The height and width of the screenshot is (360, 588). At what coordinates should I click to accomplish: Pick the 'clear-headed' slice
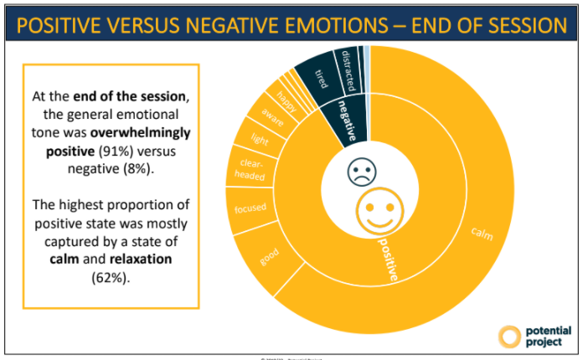click(252, 170)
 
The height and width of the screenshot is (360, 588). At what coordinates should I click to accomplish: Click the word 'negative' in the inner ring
click(344, 121)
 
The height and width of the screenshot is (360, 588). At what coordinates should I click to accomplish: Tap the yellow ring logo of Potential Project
click(509, 336)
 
